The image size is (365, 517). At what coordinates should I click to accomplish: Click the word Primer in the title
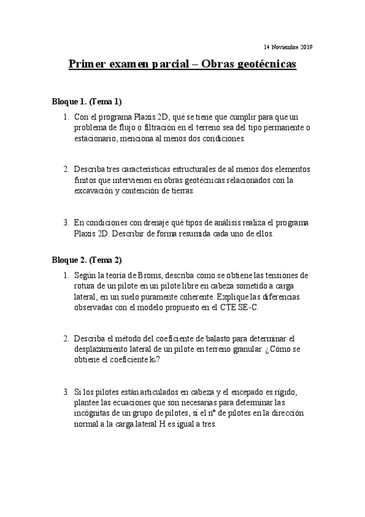pos(87,64)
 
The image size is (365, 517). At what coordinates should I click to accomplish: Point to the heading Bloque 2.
pos(68,260)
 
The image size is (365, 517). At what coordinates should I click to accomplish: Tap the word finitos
pos(86,180)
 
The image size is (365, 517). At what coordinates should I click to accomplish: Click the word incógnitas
pos(93,413)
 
